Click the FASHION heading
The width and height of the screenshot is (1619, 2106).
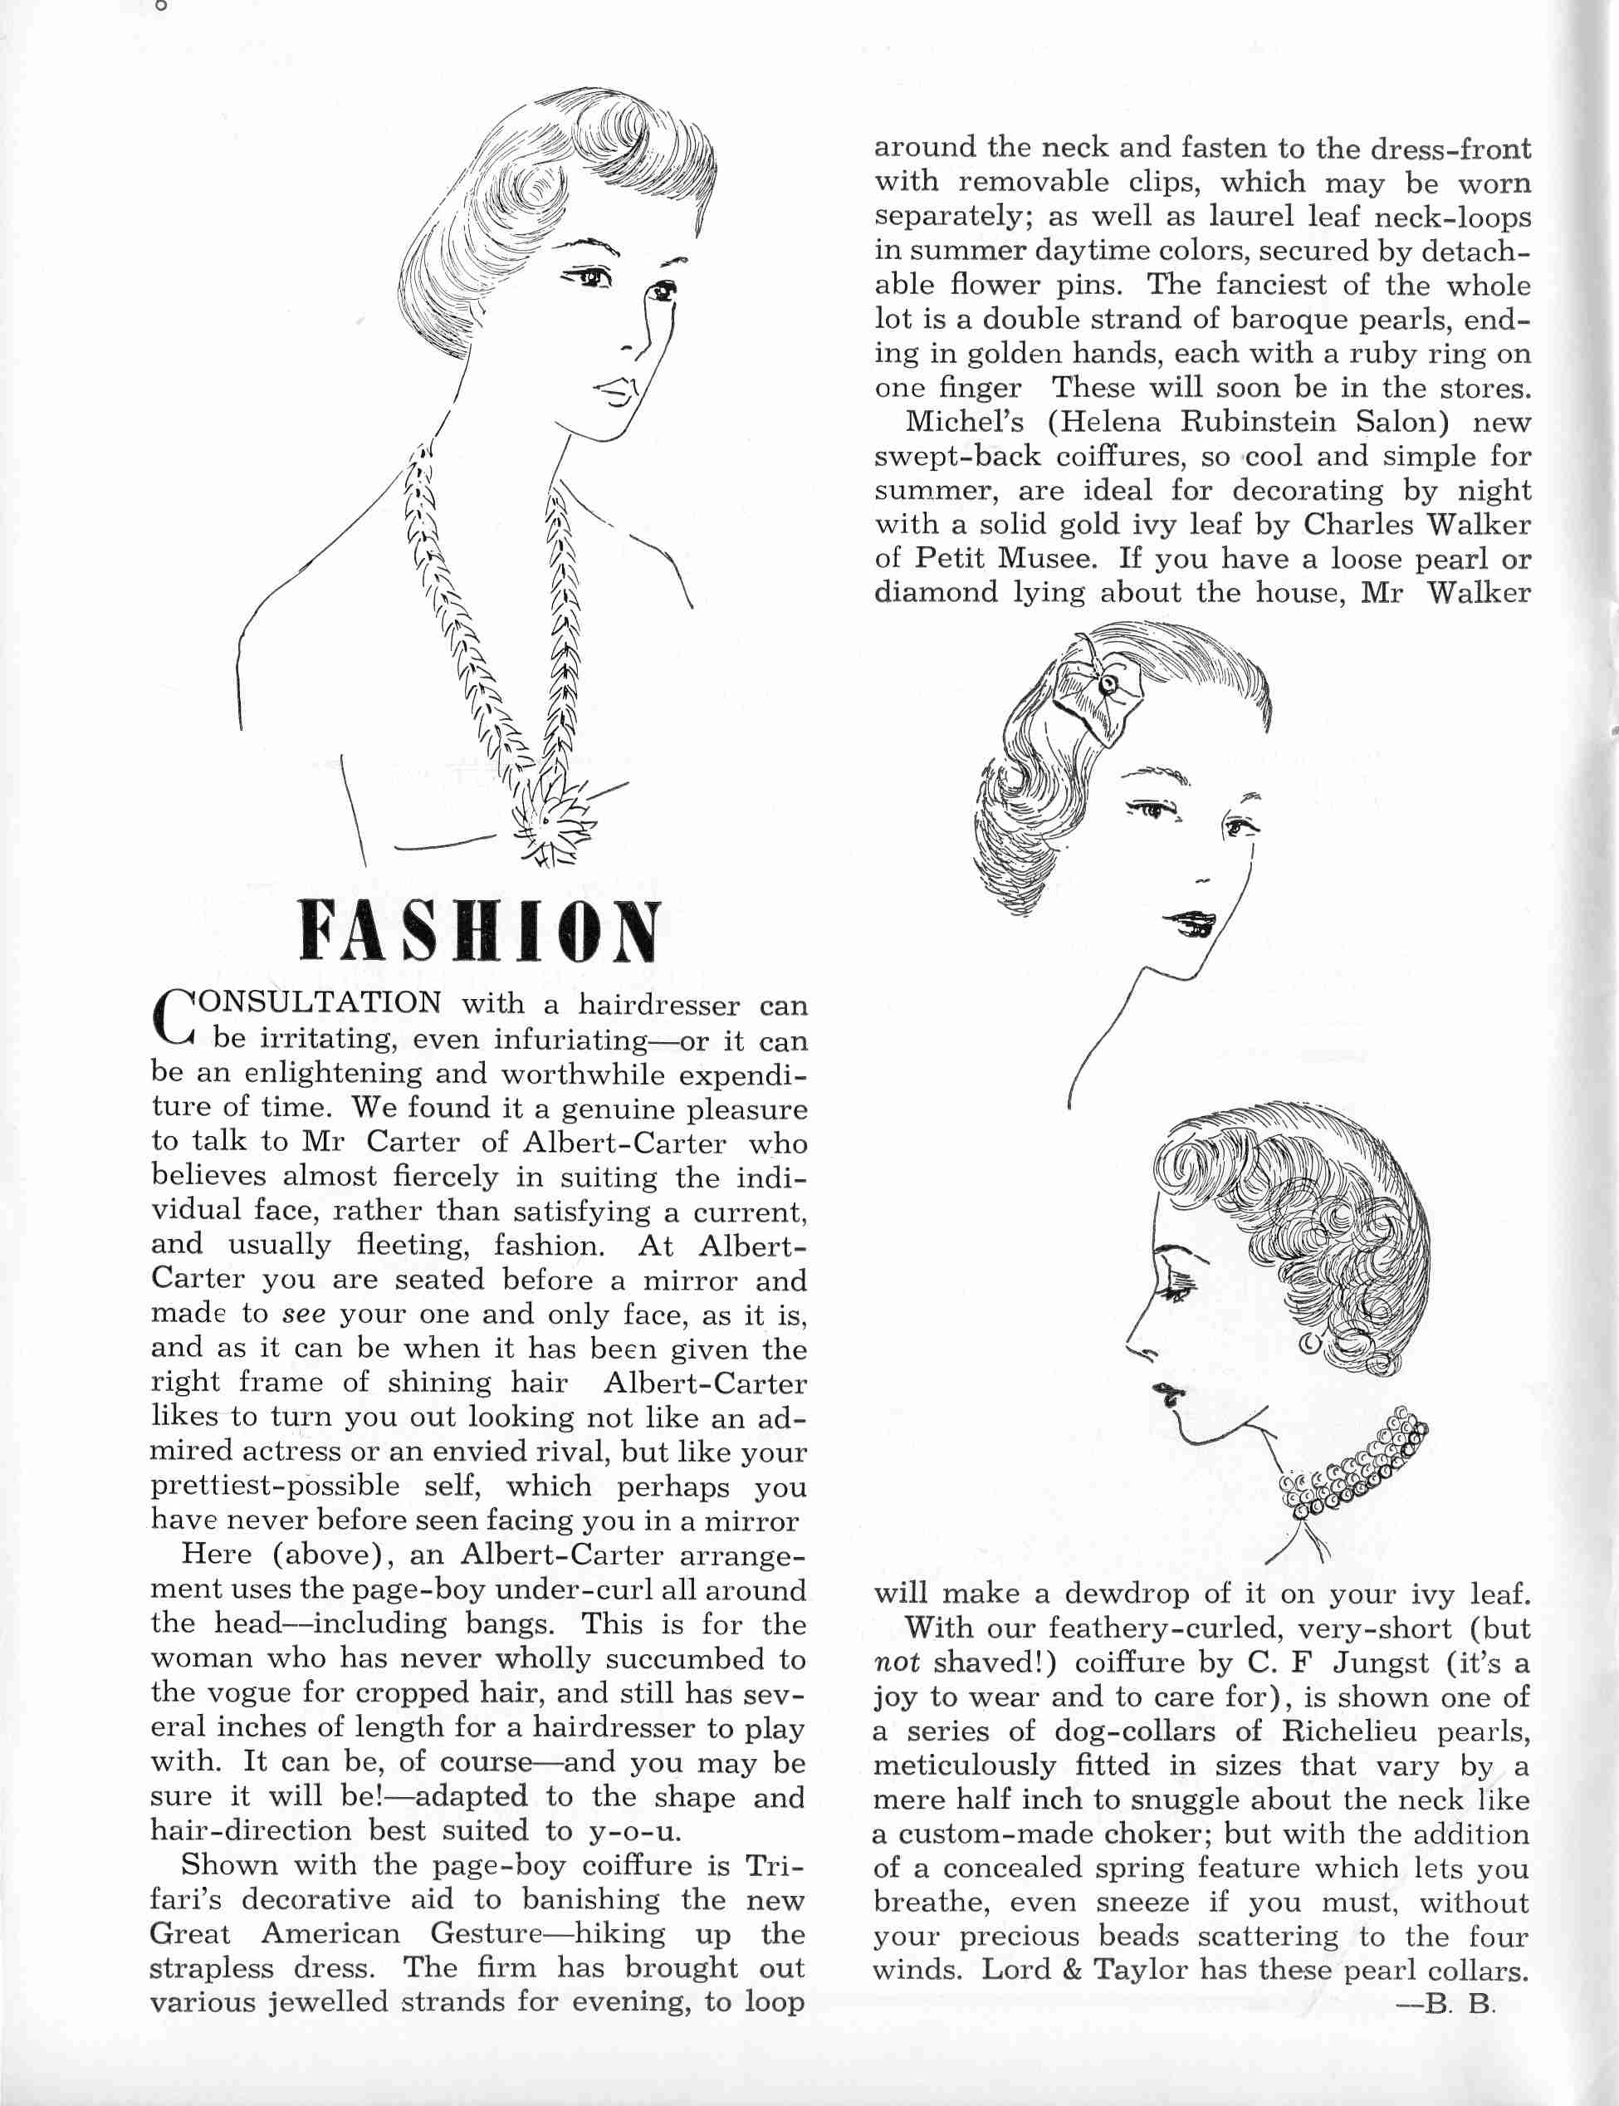479,932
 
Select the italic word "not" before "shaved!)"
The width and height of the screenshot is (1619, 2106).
896,1663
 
